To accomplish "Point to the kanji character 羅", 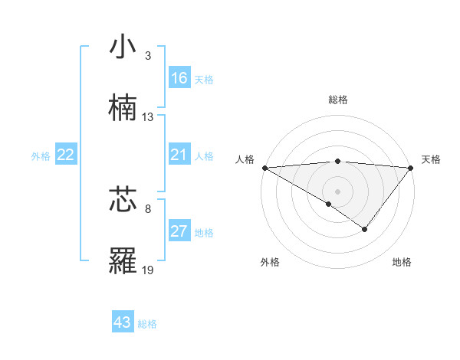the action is click(123, 260).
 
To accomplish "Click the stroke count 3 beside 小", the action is click(148, 56).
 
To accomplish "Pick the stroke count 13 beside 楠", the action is click(148, 117).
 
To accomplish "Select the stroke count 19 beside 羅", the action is click(148, 270).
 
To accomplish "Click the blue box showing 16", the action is click(179, 78).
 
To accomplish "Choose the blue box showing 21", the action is click(179, 155).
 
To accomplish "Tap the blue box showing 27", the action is click(179, 231).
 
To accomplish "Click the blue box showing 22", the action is click(66, 155).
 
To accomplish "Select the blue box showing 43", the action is click(123, 322).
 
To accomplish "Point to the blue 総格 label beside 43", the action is click(148, 324).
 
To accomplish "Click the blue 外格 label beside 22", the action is click(41, 156).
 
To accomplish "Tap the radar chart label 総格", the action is click(337, 100).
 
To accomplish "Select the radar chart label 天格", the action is click(431, 159).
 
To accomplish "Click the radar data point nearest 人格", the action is click(264, 168).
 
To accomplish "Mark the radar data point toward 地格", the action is click(365, 229).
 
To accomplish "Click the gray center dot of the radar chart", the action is click(337, 191).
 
